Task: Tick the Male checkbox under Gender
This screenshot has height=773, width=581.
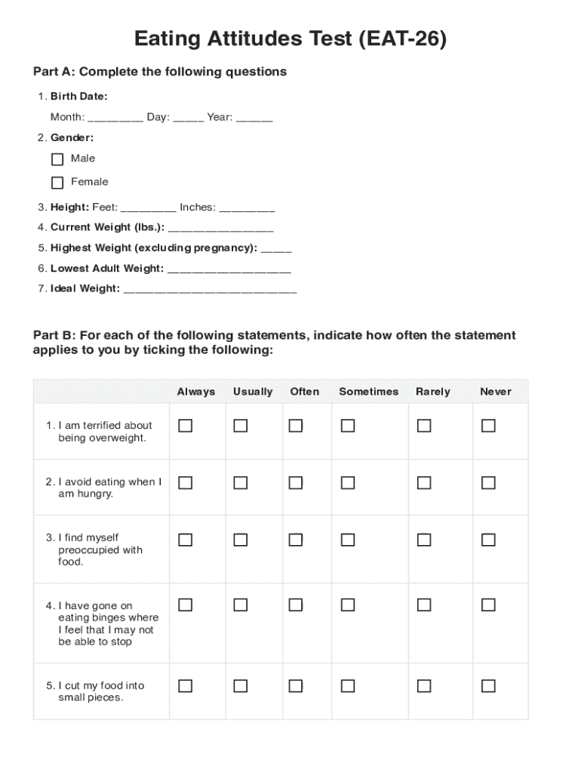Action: click(57, 159)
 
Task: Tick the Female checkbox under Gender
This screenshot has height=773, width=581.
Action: click(57, 183)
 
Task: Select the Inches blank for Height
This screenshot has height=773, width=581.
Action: click(247, 208)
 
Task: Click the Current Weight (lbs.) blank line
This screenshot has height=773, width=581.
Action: click(220, 228)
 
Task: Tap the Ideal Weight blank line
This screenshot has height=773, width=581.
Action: click(209, 289)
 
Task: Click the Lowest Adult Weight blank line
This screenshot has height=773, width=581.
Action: click(228, 269)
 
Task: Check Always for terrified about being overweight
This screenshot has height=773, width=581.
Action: click(185, 427)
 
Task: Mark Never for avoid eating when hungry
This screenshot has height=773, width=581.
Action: click(488, 483)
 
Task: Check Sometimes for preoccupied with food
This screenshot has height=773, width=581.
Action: click(347, 540)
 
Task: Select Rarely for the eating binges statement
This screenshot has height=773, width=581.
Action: click(424, 605)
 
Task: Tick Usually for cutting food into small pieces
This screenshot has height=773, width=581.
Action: click(240, 686)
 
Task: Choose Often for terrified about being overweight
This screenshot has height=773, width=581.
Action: click(296, 427)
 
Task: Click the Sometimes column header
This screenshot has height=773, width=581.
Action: click(368, 392)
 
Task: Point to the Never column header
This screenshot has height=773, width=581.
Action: click(495, 392)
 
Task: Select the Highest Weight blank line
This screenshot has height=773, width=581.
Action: click(275, 249)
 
